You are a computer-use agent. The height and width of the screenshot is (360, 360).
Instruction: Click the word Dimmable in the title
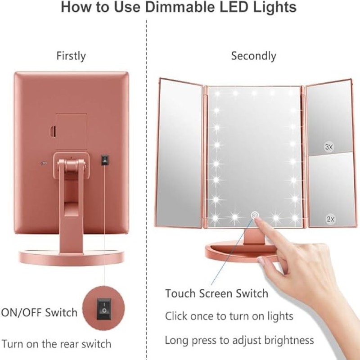point(180,7)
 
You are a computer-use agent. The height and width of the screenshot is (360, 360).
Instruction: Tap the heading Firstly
point(71,56)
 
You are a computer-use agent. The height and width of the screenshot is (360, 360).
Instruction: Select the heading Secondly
point(254,56)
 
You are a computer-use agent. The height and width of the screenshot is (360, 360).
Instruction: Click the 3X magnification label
point(329,147)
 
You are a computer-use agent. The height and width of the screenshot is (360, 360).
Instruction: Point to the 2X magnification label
point(331,219)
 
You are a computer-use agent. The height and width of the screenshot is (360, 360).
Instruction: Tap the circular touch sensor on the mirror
point(255,215)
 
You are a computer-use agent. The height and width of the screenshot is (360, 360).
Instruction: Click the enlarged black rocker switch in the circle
point(104,309)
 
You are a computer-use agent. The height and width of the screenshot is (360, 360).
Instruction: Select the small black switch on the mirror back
point(105,160)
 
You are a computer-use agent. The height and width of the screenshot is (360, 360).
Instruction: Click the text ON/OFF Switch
point(39,313)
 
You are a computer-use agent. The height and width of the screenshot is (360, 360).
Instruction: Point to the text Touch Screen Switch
point(216,293)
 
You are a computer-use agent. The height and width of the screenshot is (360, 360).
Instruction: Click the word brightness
point(289,340)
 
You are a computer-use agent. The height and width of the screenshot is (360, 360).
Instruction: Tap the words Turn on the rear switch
point(57,344)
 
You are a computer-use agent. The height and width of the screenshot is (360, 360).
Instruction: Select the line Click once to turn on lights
point(229,316)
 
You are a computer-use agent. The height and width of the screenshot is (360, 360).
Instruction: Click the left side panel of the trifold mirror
point(179,153)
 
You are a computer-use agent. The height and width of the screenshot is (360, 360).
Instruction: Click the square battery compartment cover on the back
point(72,131)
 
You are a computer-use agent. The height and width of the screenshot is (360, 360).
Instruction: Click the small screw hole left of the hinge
point(42,163)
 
